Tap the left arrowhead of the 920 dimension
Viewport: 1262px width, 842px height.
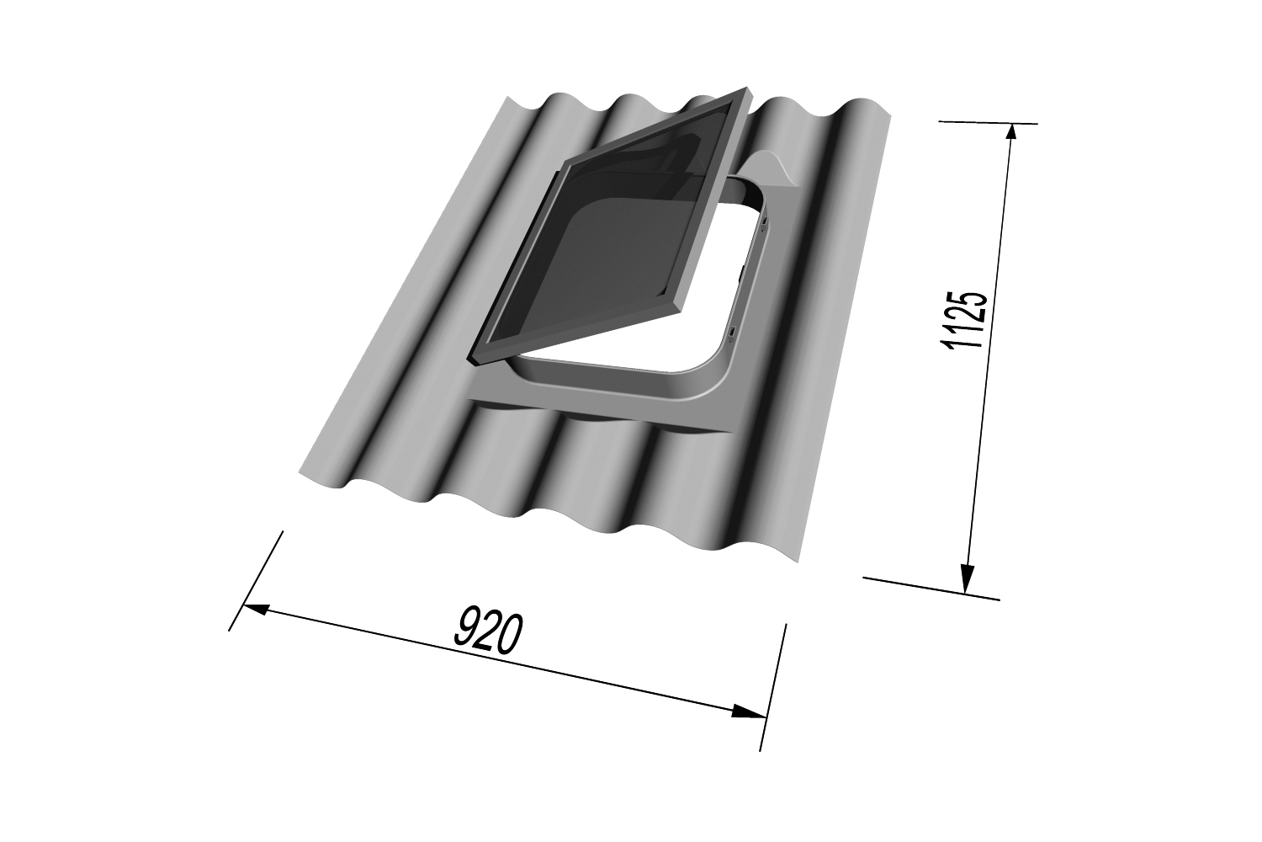(255, 608)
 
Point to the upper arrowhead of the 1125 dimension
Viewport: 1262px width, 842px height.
(1010, 134)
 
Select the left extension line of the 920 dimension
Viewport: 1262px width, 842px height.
(256, 580)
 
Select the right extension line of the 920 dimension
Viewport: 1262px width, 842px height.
(773, 686)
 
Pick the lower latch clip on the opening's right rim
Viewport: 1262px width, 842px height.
(734, 330)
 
